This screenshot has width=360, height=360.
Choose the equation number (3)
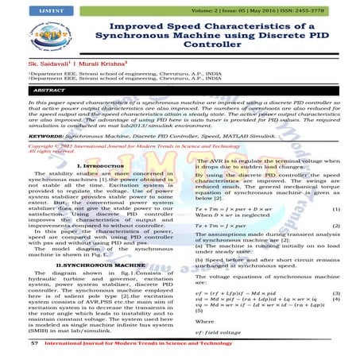click(x=336, y=293)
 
